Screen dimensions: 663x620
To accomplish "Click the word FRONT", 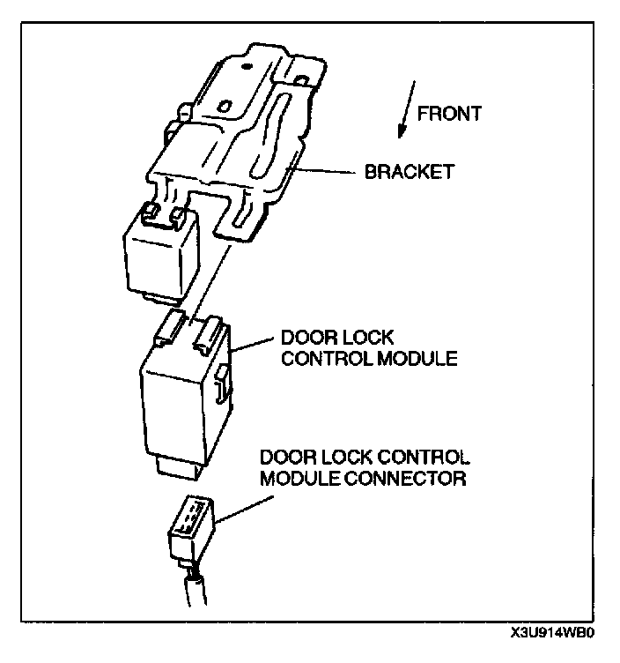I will pyautogui.click(x=449, y=113).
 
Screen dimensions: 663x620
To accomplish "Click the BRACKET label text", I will pyautogui.click(x=410, y=172).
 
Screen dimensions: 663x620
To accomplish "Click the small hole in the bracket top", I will pyautogui.click(x=225, y=106).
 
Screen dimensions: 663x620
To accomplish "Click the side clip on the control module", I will pyautogui.click(x=220, y=379).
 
